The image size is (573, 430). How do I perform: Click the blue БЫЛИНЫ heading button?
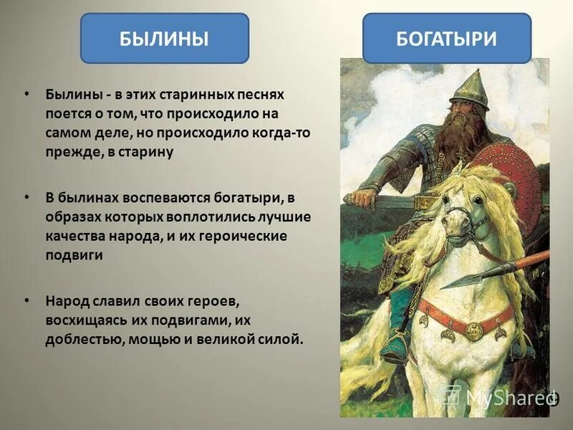click(x=164, y=38)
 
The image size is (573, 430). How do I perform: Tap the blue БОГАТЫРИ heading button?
click(x=446, y=38)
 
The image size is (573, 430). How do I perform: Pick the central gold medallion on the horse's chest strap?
click(x=474, y=330)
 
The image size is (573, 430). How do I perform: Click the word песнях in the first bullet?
click(x=259, y=95)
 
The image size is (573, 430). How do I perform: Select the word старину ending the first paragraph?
click(x=147, y=153)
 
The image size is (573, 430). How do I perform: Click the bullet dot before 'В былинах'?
click(x=27, y=196)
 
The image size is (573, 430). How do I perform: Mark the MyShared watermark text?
click(x=501, y=396)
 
